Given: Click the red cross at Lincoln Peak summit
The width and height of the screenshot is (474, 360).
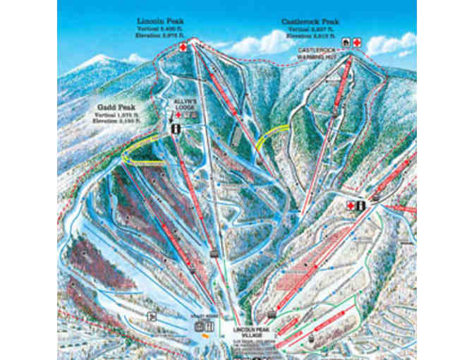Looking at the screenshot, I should (x=184, y=47).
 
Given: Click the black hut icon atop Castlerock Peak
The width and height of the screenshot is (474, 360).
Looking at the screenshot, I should (x=346, y=43).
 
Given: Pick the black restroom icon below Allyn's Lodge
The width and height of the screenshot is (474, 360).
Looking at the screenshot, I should (x=175, y=128).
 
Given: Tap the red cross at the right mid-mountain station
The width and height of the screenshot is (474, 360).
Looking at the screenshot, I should (x=351, y=205).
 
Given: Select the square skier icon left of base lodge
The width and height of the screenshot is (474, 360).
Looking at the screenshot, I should (x=149, y=316).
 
